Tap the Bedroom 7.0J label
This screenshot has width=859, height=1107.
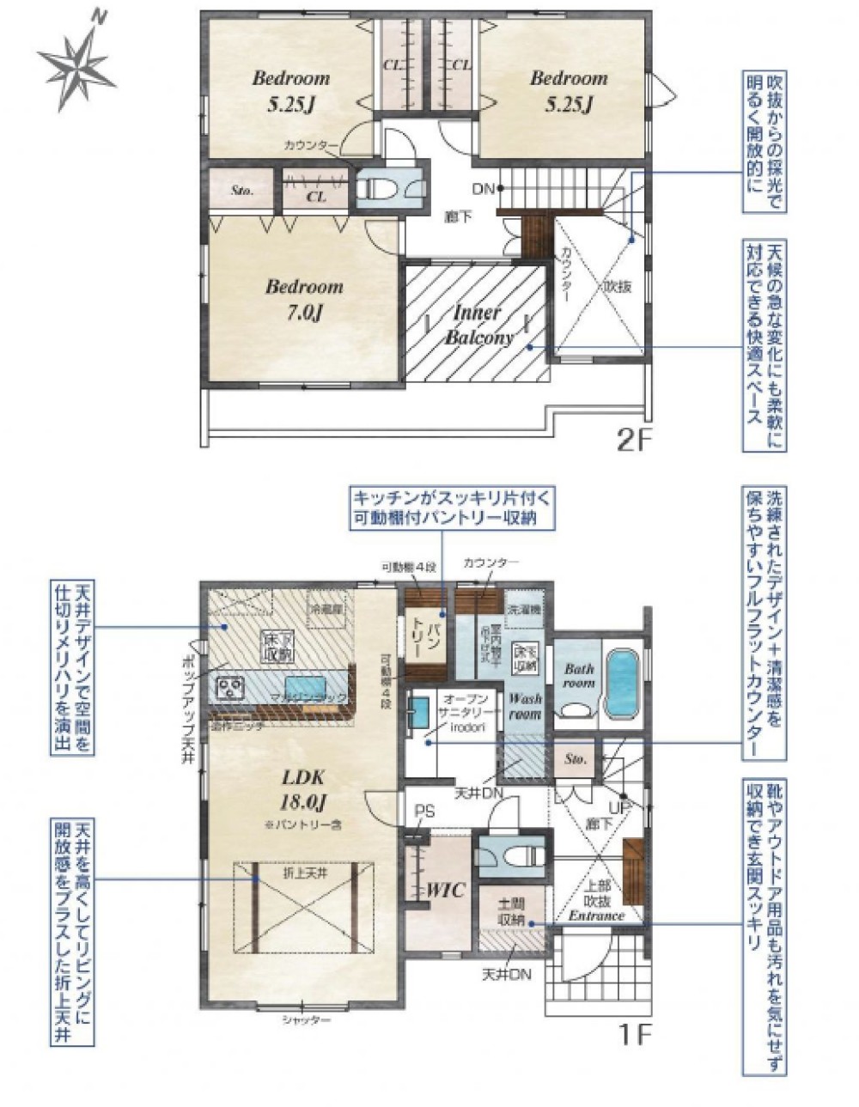[x=303, y=299]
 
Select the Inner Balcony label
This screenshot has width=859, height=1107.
[x=478, y=325]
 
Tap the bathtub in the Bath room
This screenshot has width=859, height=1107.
[x=620, y=682]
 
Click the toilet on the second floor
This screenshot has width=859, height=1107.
[x=383, y=188]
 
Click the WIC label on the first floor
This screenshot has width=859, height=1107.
[x=445, y=891]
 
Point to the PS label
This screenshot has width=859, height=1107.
[x=424, y=810]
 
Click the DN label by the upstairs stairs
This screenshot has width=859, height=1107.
[x=483, y=189]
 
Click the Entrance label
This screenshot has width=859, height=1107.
[x=595, y=915]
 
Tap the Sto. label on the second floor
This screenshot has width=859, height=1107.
[x=242, y=191]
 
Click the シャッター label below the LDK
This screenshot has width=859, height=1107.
[x=306, y=1020]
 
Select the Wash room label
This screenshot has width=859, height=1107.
[x=524, y=706]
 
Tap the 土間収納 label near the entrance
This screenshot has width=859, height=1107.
[x=511, y=911]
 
